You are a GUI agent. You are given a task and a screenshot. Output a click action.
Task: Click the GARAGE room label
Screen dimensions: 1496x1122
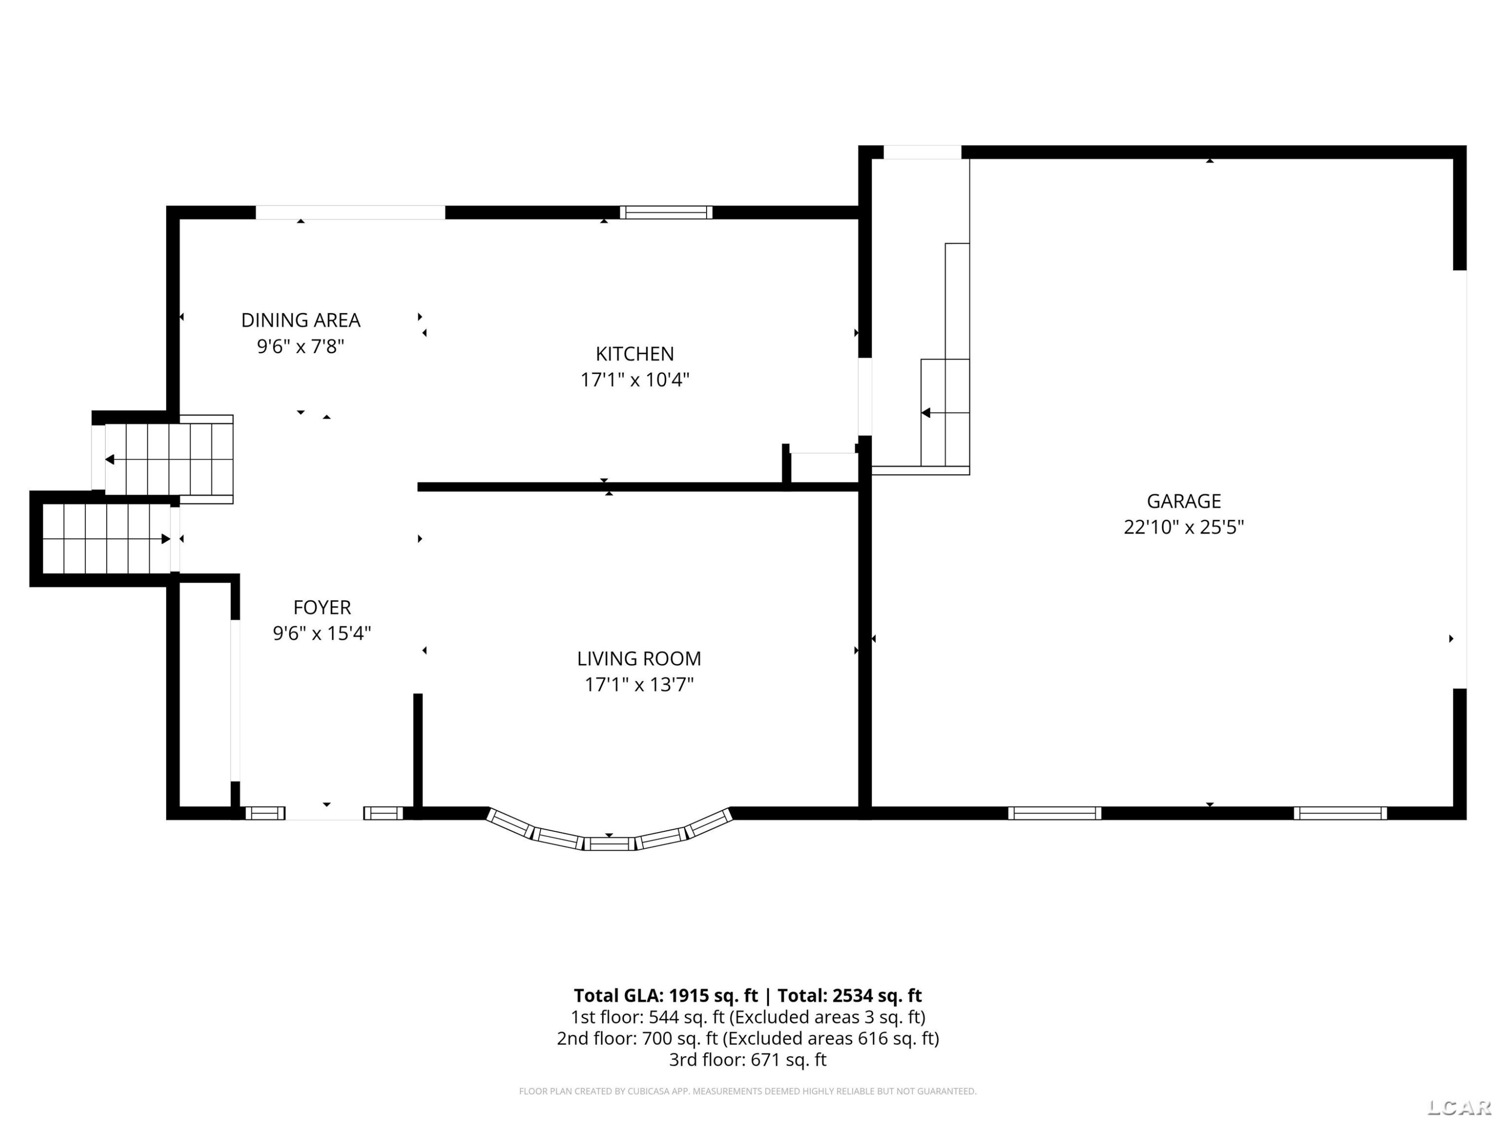pyautogui.click(x=1183, y=501)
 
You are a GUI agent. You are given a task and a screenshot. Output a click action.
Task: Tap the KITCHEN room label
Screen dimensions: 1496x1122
pyautogui.click(x=634, y=354)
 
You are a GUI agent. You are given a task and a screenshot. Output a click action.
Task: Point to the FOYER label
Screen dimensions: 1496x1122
pyautogui.click(x=322, y=607)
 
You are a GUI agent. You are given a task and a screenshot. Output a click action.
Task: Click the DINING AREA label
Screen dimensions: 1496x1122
pyautogui.click(x=301, y=320)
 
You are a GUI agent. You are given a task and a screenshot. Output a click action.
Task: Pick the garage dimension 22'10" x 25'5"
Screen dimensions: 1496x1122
pyautogui.click(x=1183, y=527)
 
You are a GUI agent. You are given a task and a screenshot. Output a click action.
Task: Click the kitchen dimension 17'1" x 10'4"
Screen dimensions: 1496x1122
pyautogui.click(x=634, y=379)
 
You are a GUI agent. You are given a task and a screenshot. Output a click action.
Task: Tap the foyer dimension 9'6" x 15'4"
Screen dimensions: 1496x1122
pyautogui.click(x=322, y=633)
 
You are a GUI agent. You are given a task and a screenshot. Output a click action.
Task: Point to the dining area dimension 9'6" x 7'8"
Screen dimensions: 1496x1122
pyautogui.click(x=301, y=346)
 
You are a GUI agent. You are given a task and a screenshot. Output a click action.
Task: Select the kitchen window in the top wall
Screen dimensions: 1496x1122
pyautogui.click(x=666, y=212)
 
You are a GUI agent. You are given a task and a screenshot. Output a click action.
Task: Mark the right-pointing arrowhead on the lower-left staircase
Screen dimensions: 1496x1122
pyautogui.click(x=166, y=539)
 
